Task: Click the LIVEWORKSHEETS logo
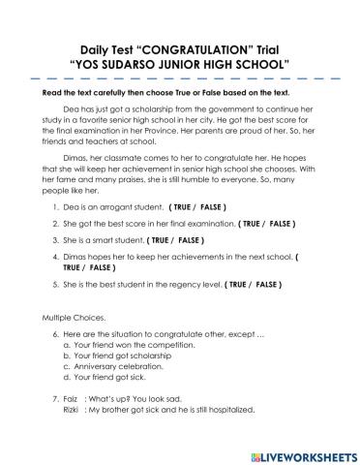[301, 452]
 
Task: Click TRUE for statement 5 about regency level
[237, 313]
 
